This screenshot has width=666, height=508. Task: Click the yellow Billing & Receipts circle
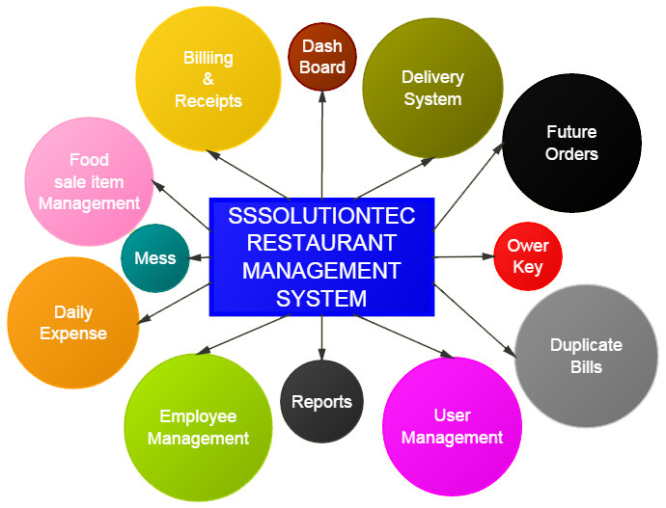click(x=208, y=80)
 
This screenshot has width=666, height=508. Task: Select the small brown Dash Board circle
click(x=322, y=57)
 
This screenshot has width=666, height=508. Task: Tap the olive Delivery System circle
click(x=431, y=88)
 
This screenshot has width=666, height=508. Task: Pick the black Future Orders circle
click(x=571, y=143)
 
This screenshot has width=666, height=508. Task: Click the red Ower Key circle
click(x=527, y=256)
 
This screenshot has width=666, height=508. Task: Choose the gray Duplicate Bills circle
click(x=586, y=356)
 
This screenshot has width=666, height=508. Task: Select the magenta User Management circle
click(x=452, y=427)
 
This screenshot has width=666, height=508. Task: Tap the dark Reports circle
click(x=321, y=402)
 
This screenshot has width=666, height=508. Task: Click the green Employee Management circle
click(x=198, y=427)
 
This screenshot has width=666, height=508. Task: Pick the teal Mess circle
click(x=155, y=257)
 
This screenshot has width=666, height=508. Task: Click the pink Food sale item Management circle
click(x=89, y=181)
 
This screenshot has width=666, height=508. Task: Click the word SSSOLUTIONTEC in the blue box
click(x=321, y=216)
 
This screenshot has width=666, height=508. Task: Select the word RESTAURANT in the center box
click(x=321, y=243)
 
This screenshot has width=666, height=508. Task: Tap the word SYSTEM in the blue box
click(x=321, y=299)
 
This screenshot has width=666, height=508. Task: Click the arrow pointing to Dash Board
click(x=322, y=145)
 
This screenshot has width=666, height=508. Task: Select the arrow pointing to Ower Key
click(x=463, y=256)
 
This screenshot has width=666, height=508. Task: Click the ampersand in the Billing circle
click(x=208, y=80)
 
